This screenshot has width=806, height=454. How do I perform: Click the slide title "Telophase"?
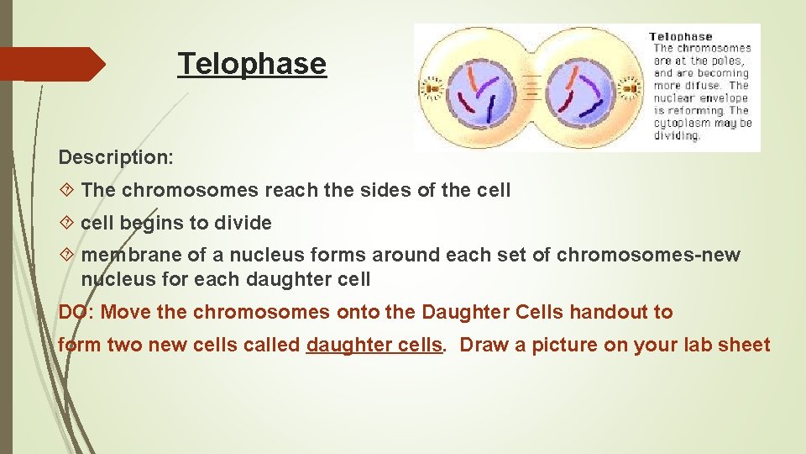(252, 64)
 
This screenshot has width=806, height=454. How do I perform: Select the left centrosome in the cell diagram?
(433, 88)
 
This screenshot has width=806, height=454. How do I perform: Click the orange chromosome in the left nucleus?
(474, 77)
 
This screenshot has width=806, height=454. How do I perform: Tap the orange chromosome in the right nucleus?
(572, 78)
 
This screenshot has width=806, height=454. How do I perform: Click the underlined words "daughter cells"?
(374, 345)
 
